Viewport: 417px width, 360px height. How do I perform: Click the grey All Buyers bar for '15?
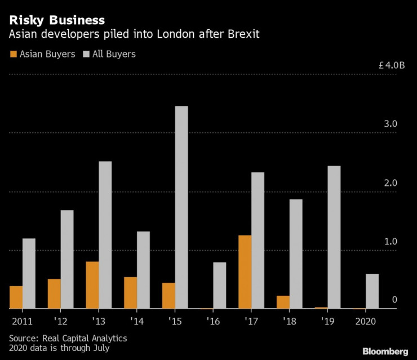coord(181,207)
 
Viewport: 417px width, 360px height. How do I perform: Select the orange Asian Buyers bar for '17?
coord(245,272)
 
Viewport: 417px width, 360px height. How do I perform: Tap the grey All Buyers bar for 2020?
coord(372,291)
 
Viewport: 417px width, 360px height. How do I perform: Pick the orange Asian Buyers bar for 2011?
coord(16,297)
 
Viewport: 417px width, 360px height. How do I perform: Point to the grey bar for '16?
coord(219,286)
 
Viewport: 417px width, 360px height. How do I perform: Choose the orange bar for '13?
coord(92,285)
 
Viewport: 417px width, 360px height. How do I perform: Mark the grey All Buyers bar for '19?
coord(334,237)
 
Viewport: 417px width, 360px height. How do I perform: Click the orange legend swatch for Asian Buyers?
coord(13,55)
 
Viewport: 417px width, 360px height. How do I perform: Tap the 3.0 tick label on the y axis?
coord(391,124)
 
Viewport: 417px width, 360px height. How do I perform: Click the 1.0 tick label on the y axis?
coord(391,241)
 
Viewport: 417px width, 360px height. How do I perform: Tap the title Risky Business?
coord(56,20)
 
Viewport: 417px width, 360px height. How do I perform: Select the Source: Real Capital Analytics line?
coord(68,338)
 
